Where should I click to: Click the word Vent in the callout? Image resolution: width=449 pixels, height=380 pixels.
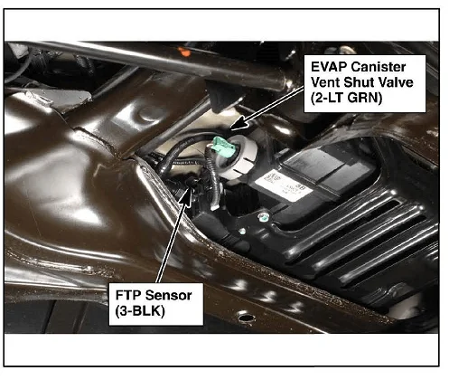(325, 82)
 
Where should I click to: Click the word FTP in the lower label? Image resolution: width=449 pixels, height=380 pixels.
(126, 295)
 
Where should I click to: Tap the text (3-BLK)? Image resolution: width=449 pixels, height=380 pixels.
(140, 311)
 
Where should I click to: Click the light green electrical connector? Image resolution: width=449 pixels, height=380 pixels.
(223, 147)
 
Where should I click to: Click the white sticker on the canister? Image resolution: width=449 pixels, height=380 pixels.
(280, 185)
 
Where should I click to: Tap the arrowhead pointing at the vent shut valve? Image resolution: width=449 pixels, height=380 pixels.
(239, 124)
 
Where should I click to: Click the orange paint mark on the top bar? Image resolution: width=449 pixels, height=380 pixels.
(183, 52)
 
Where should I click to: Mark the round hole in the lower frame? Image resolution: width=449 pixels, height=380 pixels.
(247, 317)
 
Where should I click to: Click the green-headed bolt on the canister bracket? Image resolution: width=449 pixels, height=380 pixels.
(264, 216)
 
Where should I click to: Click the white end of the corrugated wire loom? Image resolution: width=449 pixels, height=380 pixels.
(214, 205)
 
